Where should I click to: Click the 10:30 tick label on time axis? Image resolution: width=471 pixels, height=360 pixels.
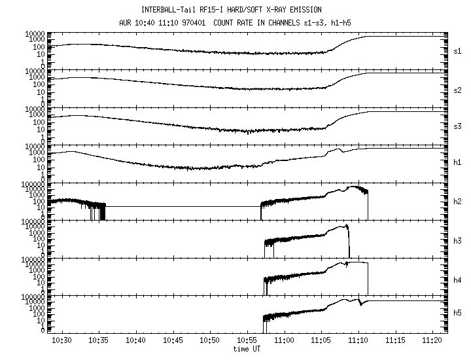point(61,342)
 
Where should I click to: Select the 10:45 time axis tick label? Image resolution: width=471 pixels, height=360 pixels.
point(173,342)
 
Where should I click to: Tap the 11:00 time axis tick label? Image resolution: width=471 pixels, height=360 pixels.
point(284,342)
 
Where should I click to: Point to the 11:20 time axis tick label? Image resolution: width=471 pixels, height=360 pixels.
point(432,342)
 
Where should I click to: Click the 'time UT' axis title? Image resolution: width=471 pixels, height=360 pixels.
point(247,350)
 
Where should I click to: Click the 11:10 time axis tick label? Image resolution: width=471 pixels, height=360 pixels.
point(358,342)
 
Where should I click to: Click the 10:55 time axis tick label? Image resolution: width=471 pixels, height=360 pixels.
point(247,342)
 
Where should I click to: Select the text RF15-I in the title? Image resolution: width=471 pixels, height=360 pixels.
point(213,10)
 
